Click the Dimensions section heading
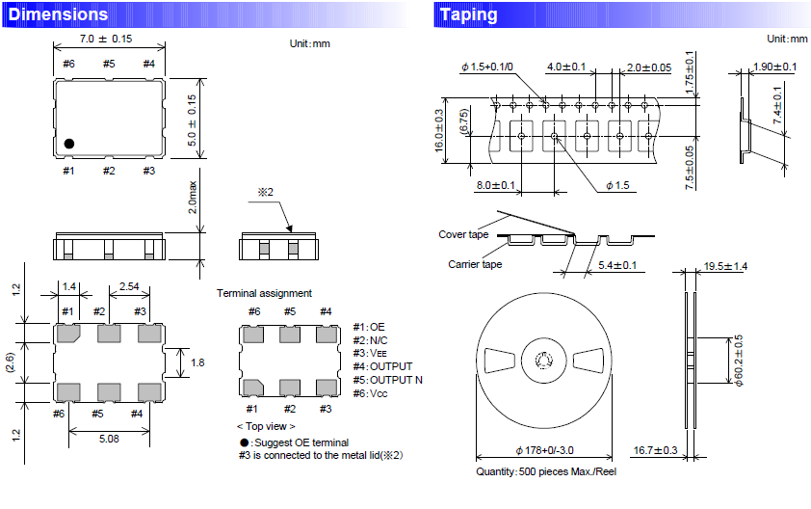(58, 14)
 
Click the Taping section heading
(468, 14)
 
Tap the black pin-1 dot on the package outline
(69, 144)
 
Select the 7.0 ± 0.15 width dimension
(106, 39)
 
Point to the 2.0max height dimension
(192, 197)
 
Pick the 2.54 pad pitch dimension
(128, 287)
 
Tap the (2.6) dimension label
(9, 362)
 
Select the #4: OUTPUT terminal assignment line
(383, 366)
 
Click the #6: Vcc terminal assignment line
(376, 392)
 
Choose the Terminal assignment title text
(264, 292)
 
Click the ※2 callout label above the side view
(266, 193)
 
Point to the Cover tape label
(463, 234)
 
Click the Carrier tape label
(475, 264)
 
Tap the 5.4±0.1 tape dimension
(618, 265)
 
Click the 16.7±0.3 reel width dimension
(657, 450)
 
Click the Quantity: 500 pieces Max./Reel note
(545, 471)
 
